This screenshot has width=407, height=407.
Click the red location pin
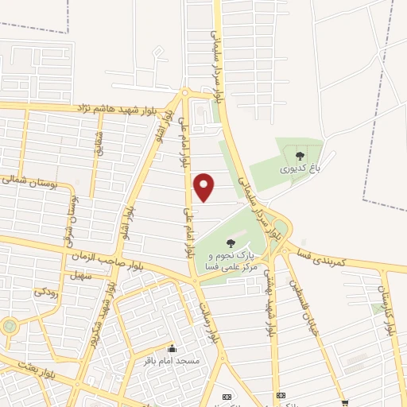[x=204, y=187]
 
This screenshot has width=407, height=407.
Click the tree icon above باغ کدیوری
[x=299, y=156]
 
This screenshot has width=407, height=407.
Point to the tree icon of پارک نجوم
[x=231, y=243]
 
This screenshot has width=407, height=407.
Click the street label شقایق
[x=99, y=145]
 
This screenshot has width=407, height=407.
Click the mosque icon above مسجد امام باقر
[x=171, y=348]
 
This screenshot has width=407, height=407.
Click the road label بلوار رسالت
[x=203, y=313]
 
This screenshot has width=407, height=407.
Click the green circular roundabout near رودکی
[x=9, y=326]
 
